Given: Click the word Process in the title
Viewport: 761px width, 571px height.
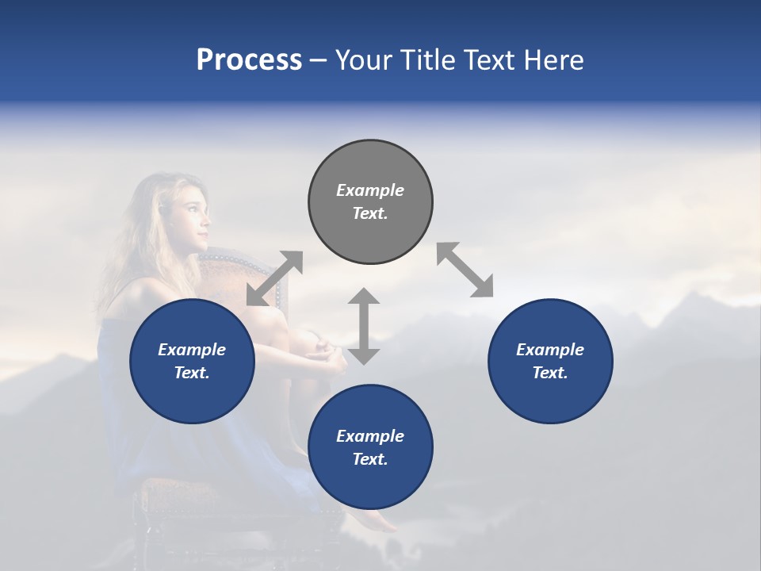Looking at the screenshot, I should click(x=249, y=60).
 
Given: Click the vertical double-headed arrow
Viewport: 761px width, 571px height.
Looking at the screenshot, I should click(x=364, y=326).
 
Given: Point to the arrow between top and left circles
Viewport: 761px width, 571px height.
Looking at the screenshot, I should click(x=274, y=278).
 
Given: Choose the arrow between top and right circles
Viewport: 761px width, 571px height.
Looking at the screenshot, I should click(x=465, y=270).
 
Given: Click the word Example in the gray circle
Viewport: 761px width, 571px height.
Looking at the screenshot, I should click(x=370, y=190).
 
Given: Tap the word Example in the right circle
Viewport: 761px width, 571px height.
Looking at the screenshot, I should click(x=550, y=350).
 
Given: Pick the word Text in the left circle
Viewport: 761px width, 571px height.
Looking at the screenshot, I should click(x=192, y=373).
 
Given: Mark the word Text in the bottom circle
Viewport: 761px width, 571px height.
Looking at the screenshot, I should click(x=370, y=459).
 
